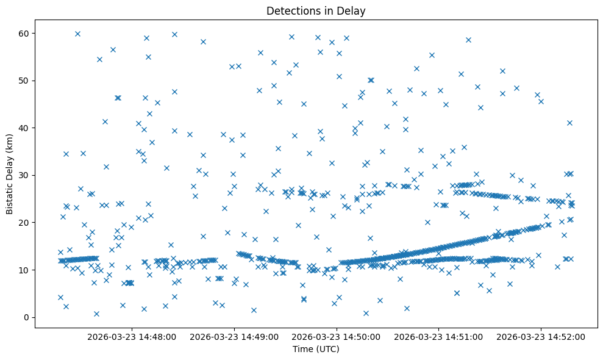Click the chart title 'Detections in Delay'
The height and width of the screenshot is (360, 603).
click(316, 10)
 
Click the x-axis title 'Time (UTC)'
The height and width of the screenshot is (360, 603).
click(316, 349)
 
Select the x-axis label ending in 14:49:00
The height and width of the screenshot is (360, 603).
click(234, 336)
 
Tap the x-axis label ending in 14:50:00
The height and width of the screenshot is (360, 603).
click(337, 336)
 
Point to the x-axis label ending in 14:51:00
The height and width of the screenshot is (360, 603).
click(439, 336)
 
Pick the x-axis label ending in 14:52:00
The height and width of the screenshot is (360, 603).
click(541, 336)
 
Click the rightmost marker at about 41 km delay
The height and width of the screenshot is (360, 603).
click(569, 123)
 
